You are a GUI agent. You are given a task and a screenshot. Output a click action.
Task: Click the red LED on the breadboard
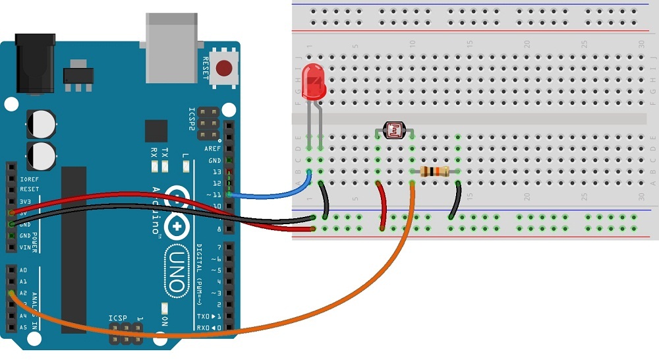coord(314,83)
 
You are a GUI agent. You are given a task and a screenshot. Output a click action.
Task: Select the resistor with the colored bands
coord(435,171)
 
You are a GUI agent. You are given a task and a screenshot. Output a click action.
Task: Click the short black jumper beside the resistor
coord(455,201)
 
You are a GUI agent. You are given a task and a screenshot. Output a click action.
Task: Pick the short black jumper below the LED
coord(325,198)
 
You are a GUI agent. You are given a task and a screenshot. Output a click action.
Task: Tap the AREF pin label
coord(213,149)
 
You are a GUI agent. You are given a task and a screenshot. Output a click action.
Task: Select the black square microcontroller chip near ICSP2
coord(156,131)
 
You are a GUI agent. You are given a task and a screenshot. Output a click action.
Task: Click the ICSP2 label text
coord(192,118)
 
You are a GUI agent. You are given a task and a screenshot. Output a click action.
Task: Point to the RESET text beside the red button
coord(206,67)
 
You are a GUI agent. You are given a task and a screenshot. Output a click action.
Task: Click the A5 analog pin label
coord(24,327)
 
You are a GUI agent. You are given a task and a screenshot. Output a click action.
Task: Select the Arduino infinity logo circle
coord(178,211)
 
